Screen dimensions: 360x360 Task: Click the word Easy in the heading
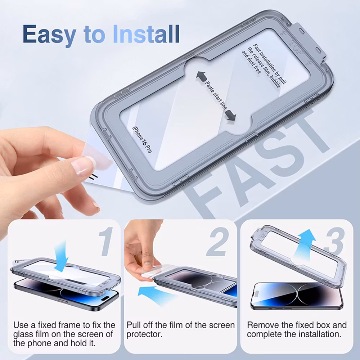tap(49, 35)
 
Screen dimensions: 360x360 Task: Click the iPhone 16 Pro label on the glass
tap(142, 139)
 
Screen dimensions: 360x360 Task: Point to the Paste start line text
tap(216, 95)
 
